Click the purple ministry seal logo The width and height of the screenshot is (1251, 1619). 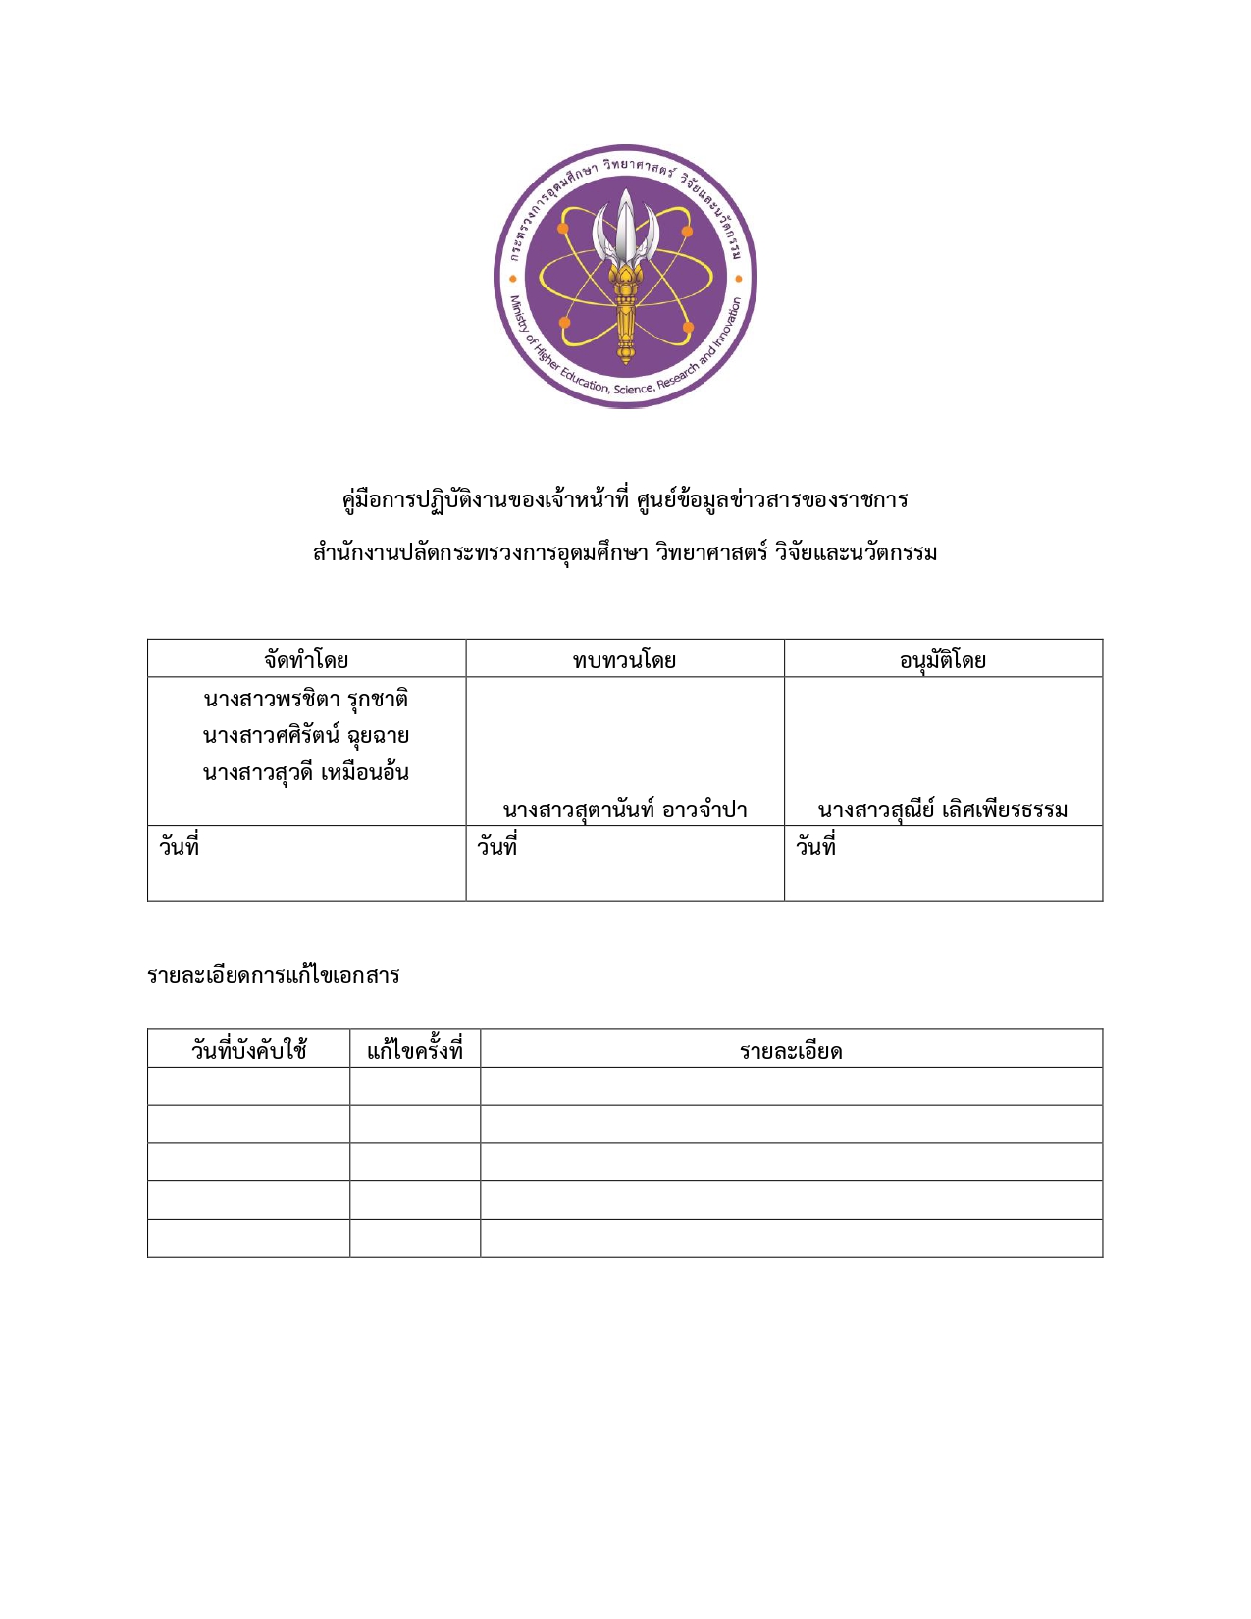(x=625, y=277)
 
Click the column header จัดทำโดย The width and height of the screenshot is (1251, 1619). (x=306, y=659)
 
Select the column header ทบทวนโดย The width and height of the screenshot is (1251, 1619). (x=624, y=659)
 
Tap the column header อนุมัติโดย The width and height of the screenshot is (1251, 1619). (x=943, y=659)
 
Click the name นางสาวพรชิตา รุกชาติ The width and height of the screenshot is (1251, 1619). (x=306, y=699)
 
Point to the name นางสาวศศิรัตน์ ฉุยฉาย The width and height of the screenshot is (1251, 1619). (x=306, y=735)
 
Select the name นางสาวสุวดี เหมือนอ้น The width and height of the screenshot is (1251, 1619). (x=306, y=772)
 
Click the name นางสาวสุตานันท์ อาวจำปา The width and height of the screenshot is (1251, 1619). (x=625, y=809)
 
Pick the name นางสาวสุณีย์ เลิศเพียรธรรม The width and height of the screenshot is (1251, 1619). (x=943, y=809)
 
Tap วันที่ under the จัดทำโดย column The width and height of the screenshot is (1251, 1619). (x=180, y=846)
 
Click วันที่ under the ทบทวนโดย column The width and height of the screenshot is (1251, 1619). (x=497, y=846)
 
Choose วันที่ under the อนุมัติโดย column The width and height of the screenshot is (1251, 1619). (x=816, y=846)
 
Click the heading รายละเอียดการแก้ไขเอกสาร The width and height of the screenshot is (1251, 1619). (x=274, y=975)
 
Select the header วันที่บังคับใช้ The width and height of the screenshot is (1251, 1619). (x=248, y=1050)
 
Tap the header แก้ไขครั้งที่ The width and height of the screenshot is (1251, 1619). (x=415, y=1050)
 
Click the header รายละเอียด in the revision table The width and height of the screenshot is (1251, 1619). (x=791, y=1051)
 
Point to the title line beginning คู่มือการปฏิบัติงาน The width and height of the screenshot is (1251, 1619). (x=625, y=499)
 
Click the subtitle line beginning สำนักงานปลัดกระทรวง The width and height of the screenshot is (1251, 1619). (x=625, y=552)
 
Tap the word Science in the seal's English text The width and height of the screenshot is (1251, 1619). (x=633, y=390)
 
